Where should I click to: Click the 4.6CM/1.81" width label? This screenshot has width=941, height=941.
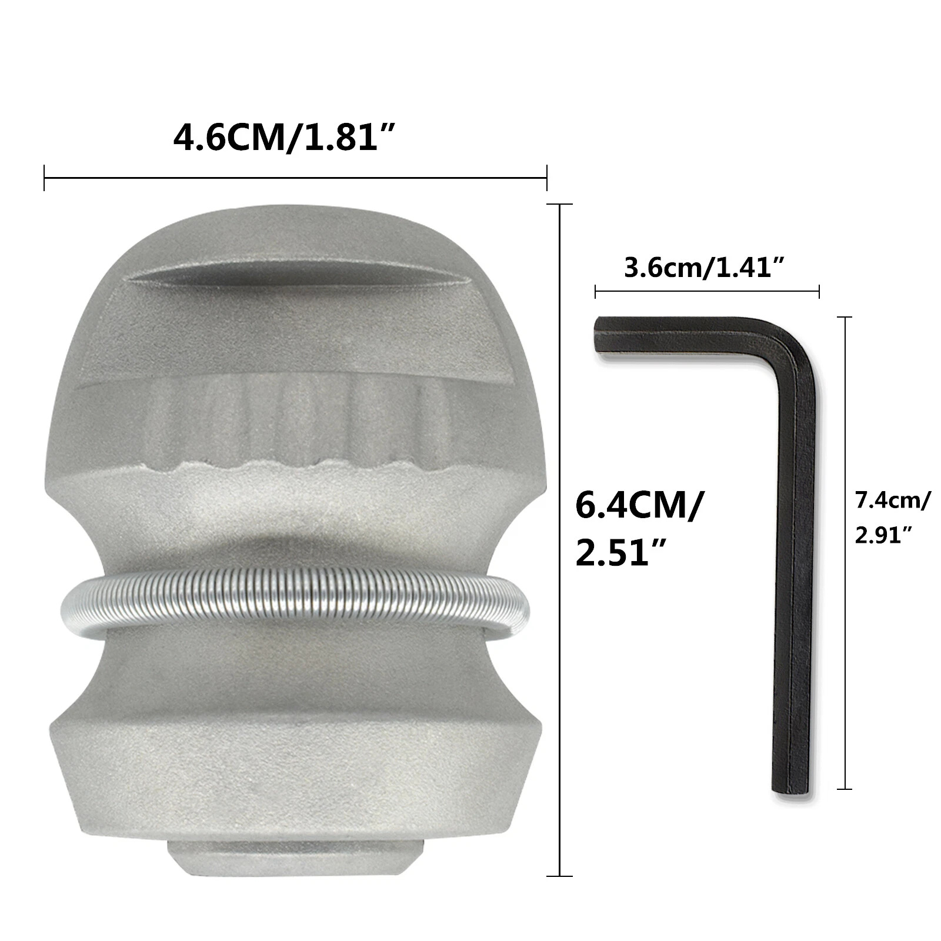coord(283,139)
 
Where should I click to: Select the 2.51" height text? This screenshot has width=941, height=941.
coord(621,553)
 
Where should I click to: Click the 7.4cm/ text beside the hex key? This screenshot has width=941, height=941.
coord(893,501)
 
